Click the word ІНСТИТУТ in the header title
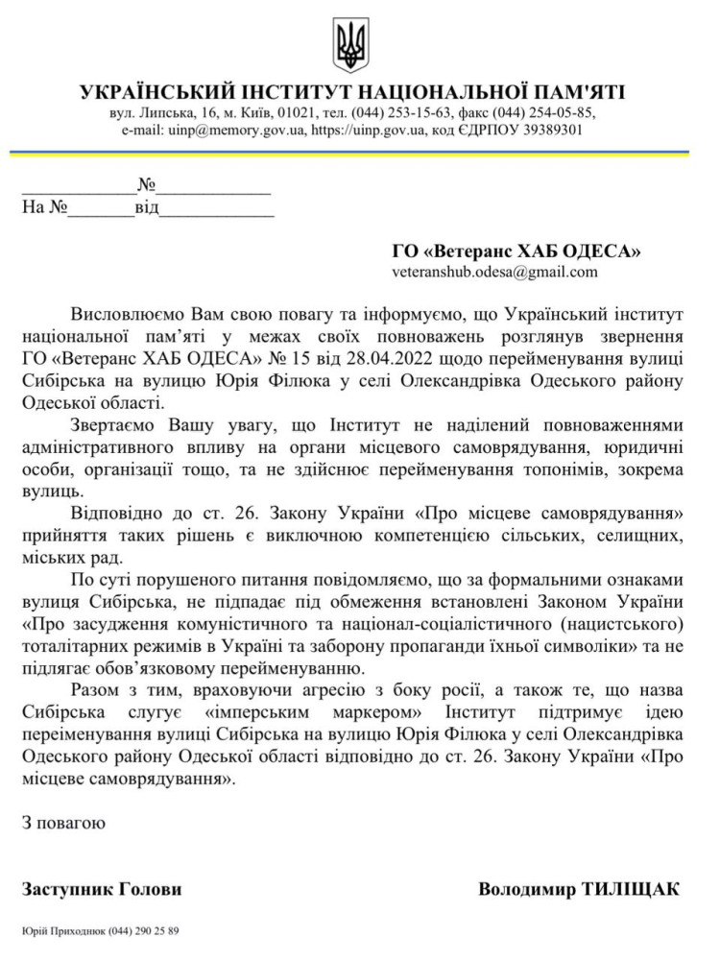(x=294, y=92)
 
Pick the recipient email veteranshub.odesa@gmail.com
(x=494, y=272)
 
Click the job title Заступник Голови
(x=102, y=889)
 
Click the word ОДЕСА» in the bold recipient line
(x=602, y=252)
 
